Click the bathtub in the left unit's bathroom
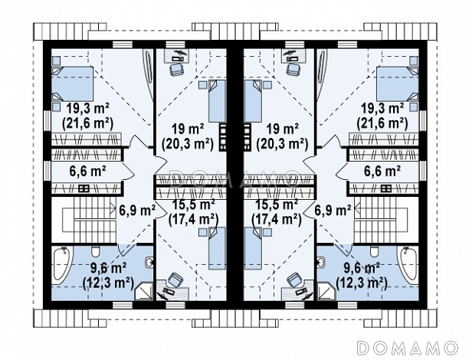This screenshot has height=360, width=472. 61,264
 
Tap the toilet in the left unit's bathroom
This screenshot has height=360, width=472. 96,250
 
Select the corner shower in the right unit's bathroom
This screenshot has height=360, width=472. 324,290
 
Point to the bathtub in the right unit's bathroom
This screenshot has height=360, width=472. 408,264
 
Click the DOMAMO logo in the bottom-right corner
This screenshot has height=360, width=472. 407,348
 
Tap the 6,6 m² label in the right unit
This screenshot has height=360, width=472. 382,172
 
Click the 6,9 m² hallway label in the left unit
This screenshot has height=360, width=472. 137,210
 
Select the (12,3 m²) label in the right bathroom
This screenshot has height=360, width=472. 361,283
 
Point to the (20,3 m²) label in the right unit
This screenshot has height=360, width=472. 282,144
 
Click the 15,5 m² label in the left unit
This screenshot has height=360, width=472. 193,205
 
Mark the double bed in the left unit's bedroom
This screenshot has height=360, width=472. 72,83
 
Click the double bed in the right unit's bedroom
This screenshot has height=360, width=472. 398,83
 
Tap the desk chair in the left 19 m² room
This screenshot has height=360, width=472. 177,70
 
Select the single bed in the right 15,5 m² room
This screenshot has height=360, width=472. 253,248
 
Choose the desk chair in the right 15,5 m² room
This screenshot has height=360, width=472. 295,280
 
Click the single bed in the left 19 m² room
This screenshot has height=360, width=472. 217,101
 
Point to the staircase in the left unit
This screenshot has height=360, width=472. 90,219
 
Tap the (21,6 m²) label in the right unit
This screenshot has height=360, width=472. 382,124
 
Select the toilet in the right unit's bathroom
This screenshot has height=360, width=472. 374,250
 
